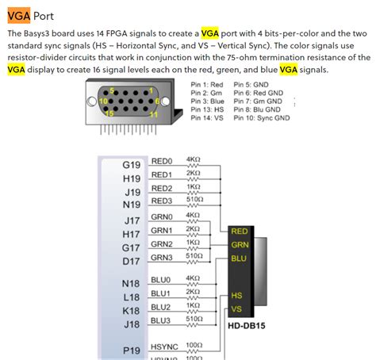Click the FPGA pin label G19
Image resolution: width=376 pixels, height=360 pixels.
132,165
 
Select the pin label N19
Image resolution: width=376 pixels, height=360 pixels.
132,204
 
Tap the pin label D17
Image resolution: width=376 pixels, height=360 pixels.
132,261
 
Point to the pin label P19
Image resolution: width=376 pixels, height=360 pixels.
132,349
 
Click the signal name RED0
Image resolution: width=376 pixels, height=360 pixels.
161,160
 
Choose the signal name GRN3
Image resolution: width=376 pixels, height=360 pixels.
162,257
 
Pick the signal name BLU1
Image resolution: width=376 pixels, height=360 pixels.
161,293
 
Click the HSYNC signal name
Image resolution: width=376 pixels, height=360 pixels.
164,346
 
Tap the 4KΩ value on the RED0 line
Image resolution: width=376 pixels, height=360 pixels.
193,159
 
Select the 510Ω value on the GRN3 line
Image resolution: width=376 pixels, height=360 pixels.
194,255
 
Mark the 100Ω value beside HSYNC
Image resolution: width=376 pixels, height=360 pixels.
194,345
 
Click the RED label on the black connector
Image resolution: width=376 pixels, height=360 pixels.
240,232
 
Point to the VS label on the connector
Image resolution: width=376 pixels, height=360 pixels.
236,308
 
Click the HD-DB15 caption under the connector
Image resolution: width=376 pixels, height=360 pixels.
247,325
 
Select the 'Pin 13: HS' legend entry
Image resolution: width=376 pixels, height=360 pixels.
207,110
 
